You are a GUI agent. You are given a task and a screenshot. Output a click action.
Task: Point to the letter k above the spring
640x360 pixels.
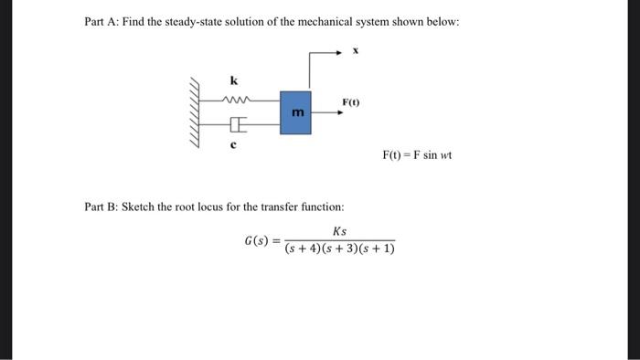[233, 80]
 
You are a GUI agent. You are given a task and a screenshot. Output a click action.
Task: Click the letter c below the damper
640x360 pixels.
[233, 144]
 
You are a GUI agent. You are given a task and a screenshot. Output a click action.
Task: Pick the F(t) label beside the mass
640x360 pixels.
[351, 101]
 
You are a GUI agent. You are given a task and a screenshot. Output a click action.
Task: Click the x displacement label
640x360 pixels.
[356, 52]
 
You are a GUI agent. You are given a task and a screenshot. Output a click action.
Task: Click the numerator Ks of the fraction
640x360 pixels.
[339, 232]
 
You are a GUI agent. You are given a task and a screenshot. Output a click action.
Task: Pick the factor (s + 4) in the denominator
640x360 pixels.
[303, 249]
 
